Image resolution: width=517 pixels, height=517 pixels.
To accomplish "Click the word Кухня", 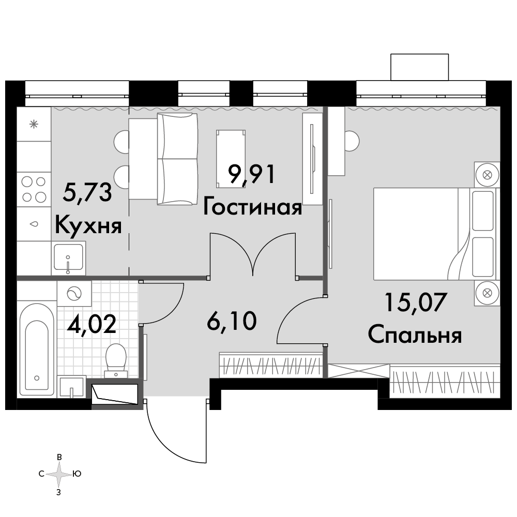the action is (x=88, y=226).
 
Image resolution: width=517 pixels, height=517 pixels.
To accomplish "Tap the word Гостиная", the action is (x=252, y=208).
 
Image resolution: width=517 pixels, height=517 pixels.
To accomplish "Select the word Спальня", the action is (x=415, y=335).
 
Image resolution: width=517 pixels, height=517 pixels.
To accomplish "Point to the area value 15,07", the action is (x=416, y=302).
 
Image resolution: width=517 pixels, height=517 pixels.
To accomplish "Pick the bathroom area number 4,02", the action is (x=92, y=324).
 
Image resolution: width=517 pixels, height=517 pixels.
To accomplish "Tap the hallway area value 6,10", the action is (x=232, y=321).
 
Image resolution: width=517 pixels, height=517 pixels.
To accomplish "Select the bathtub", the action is (x=37, y=349).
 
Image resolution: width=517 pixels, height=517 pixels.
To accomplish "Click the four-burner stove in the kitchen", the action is (x=34, y=189).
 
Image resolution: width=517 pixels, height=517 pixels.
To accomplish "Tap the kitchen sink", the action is (x=68, y=258).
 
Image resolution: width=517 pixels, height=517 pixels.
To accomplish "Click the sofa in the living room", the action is (x=177, y=159).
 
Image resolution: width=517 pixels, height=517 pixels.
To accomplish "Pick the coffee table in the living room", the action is (x=231, y=159).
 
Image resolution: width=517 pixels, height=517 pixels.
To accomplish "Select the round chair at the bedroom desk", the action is (x=352, y=141).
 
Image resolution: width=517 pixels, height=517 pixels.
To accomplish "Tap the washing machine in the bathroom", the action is (x=74, y=293).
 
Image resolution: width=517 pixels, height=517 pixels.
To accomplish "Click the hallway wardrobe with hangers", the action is (x=271, y=364).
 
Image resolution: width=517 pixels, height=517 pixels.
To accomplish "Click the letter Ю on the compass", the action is (x=77, y=474).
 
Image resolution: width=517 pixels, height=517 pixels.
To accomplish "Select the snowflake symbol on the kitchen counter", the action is (x=34, y=124).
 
